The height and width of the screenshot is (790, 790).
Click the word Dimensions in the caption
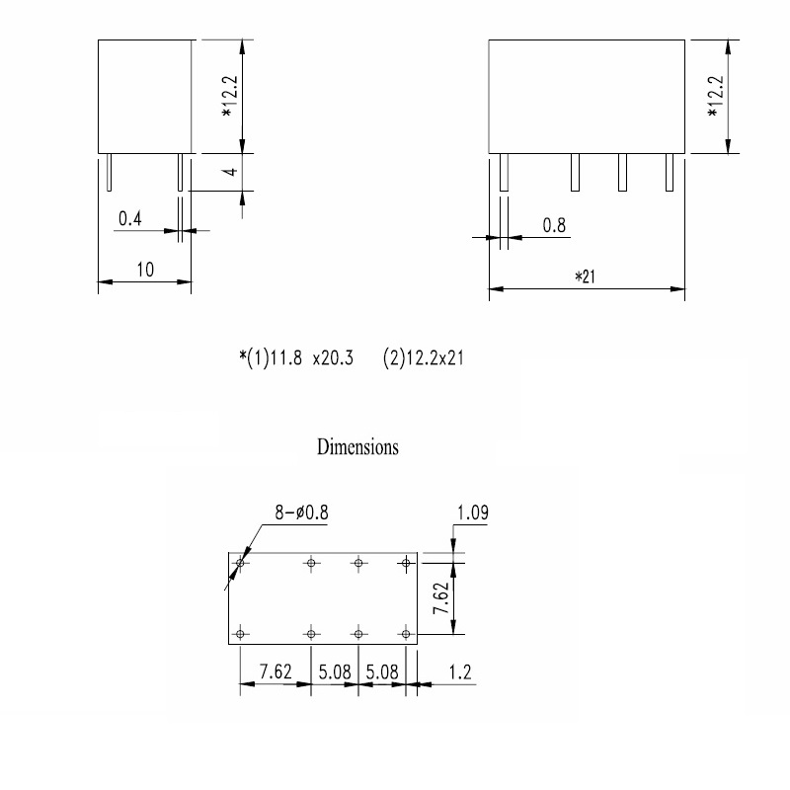pyautogui.click(x=357, y=446)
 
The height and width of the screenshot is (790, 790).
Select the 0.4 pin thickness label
pyautogui.click(x=129, y=219)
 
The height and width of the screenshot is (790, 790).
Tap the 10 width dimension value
pyautogui.click(x=144, y=270)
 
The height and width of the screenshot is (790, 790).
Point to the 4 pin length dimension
pyautogui.click(x=229, y=172)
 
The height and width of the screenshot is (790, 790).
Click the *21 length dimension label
pyautogui.click(x=587, y=277)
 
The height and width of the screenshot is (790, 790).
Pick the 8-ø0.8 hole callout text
pyautogui.click(x=302, y=513)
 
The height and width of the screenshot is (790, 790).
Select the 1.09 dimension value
pyautogui.click(x=472, y=513)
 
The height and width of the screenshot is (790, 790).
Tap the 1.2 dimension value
pyautogui.click(x=459, y=672)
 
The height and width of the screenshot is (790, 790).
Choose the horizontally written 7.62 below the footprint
pyautogui.click(x=275, y=672)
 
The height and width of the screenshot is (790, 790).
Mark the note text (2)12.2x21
pyautogui.click(x=423, y=358)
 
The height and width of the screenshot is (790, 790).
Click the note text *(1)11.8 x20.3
pyautogui.click(x=295, y=358)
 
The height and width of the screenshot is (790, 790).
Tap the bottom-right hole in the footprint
pyautogui.click(x=405, y=633)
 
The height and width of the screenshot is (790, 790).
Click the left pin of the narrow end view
pyautogui.click(x=109, y=173)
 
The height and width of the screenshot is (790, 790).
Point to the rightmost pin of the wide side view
pyautogui.click(x=669, y=173)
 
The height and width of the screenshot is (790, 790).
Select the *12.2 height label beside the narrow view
pyautogui.click(x=227, y=97)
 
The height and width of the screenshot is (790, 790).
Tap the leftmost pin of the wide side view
pyautogui.click(x=504, y=173)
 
